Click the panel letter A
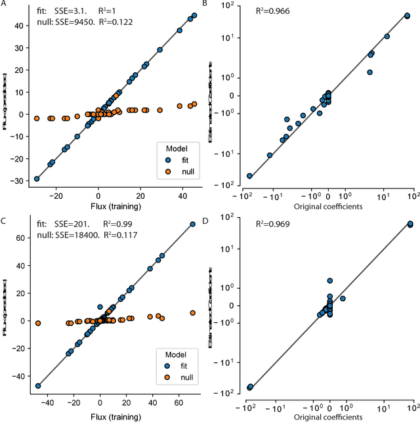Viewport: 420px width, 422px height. (x=4, y=5)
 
